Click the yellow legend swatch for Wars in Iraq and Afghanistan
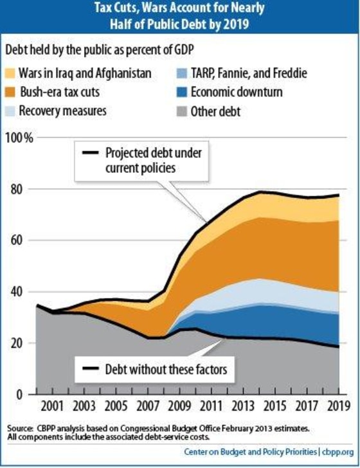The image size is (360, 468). click(x=10, y=73)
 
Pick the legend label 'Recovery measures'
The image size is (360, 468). click(x=62, y=111)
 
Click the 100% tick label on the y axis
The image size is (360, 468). click(x=19, y=138)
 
